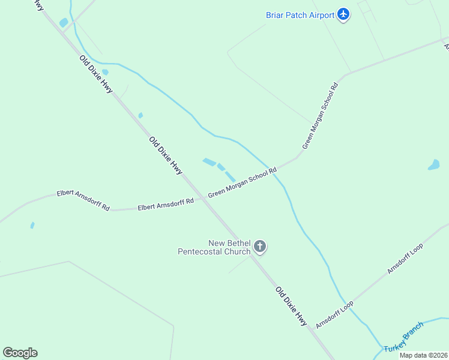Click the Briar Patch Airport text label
(x=300, y=15)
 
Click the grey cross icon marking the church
(x=260, y=246)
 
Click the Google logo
(x=20, y=353)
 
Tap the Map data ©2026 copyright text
(x=423, y=355)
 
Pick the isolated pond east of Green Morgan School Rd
(x=433, y=165)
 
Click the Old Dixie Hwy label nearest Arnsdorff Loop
(x=291, y=307)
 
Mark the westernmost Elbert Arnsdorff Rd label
(x=83, y=200)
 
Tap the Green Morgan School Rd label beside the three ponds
(x=242, y=183)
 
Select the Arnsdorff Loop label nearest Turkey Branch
(x=334, y=314)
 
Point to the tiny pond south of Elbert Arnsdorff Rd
(x=32, y=226)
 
